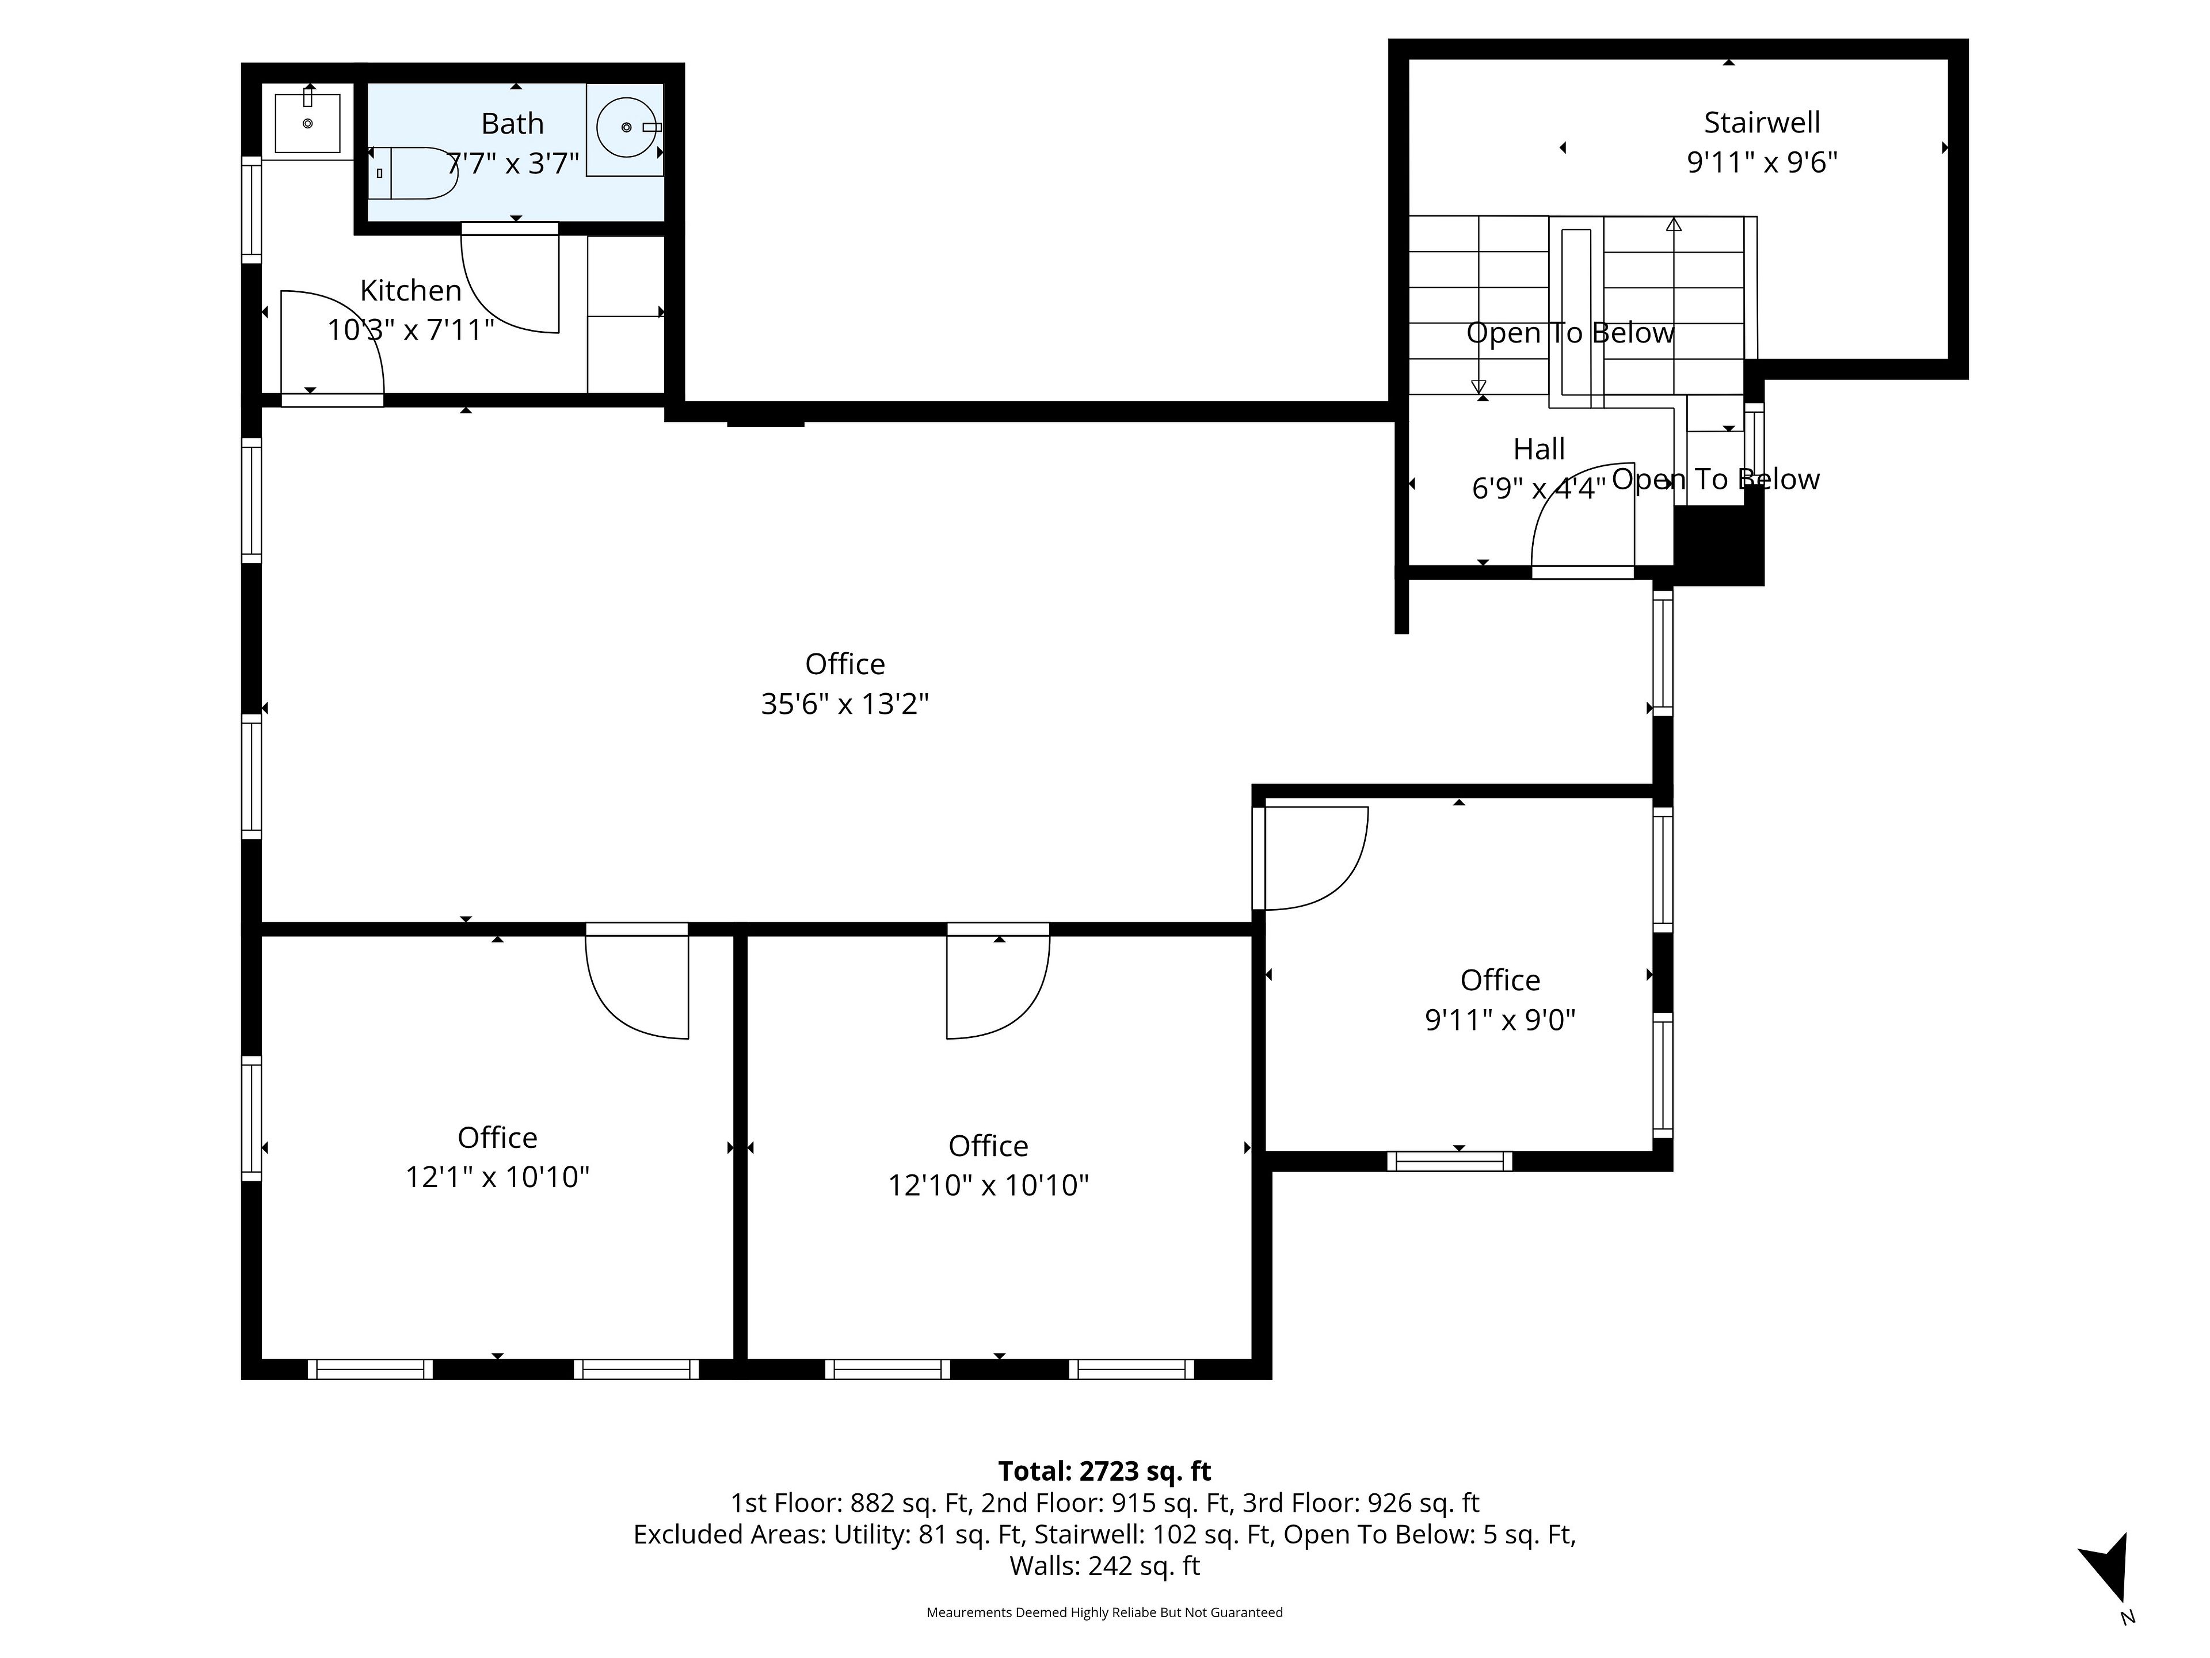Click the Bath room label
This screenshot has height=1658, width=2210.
(x=513, y=124)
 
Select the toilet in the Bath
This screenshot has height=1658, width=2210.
(x=413, y=173)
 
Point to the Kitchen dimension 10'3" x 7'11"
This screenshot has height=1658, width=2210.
(x=410, y=330)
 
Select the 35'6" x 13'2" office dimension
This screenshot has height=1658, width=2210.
(x=845, y=705)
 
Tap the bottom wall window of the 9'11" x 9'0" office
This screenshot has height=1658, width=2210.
(x=1450, y=1161)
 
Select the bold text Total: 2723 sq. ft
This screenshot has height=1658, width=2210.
(x=1105, y=1471)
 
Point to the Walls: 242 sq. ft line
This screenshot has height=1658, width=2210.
(x=1105, y=1566)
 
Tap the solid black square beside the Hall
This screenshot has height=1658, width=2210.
(x=1719, y=545)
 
